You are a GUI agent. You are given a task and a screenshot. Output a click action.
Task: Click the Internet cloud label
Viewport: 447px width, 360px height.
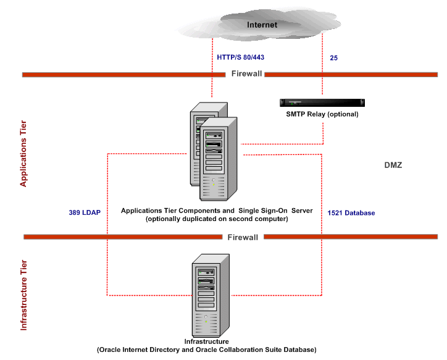(262, 25)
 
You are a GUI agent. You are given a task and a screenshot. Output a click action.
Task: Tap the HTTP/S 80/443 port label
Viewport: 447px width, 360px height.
(240, 57)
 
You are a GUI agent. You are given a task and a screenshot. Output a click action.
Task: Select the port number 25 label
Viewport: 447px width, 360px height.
(334, 57)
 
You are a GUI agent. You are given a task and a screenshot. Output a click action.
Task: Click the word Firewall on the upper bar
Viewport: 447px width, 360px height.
(247, 73)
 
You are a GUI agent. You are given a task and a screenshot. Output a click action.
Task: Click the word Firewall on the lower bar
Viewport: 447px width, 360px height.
(244, 237)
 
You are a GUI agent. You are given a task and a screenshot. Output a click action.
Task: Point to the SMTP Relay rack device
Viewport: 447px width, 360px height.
(322, 103)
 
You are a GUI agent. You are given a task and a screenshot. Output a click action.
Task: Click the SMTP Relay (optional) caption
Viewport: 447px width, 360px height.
(322, 114)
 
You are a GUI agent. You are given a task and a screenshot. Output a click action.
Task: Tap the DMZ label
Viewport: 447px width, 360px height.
(393, 165)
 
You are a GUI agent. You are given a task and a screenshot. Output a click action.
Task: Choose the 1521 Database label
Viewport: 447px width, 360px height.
(351, 213)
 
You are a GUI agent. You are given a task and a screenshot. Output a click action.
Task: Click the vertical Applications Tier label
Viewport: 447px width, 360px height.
(24, 154)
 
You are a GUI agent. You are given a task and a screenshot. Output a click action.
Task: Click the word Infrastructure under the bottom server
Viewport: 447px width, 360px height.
(206, 341)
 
